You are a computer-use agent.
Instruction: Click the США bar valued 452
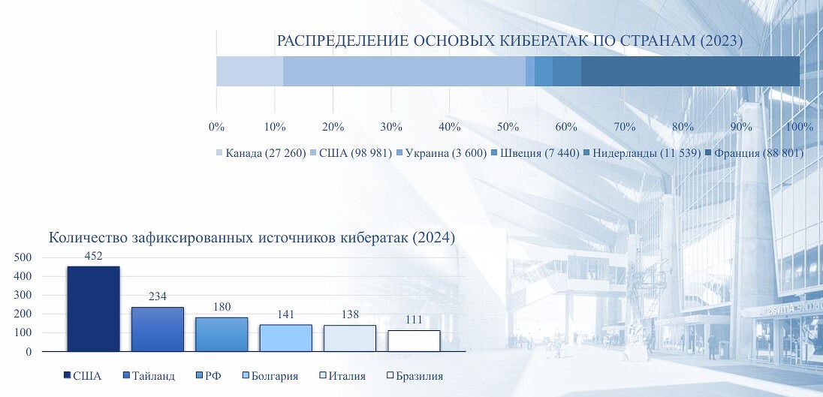tap(93, 309)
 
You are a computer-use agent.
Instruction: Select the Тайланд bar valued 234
tap(158, 329)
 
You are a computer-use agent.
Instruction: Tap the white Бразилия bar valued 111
tap(414, 341)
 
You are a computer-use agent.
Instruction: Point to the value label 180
tap(222, 307)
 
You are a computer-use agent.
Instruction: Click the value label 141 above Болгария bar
tap(285, 314)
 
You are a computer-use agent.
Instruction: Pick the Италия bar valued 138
tap(350, 338)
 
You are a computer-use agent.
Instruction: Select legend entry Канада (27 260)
tap(261, 153)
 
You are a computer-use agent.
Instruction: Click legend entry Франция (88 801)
tap(754, 153)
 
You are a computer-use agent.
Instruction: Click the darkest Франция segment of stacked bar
tap(690, 71)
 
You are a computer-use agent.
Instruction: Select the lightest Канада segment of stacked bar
tap(250, 71)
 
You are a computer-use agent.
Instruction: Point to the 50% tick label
tap(508, 127)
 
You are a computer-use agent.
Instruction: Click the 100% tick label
tap(800, 127)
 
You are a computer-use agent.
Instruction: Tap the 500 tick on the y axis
tap(23, 257)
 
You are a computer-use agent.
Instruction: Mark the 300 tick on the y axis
tap(23, 295)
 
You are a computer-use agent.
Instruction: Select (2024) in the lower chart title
tap(433, 238)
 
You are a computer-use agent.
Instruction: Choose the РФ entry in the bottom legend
tap(208, 376)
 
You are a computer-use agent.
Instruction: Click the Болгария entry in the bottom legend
tap(270, 376)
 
